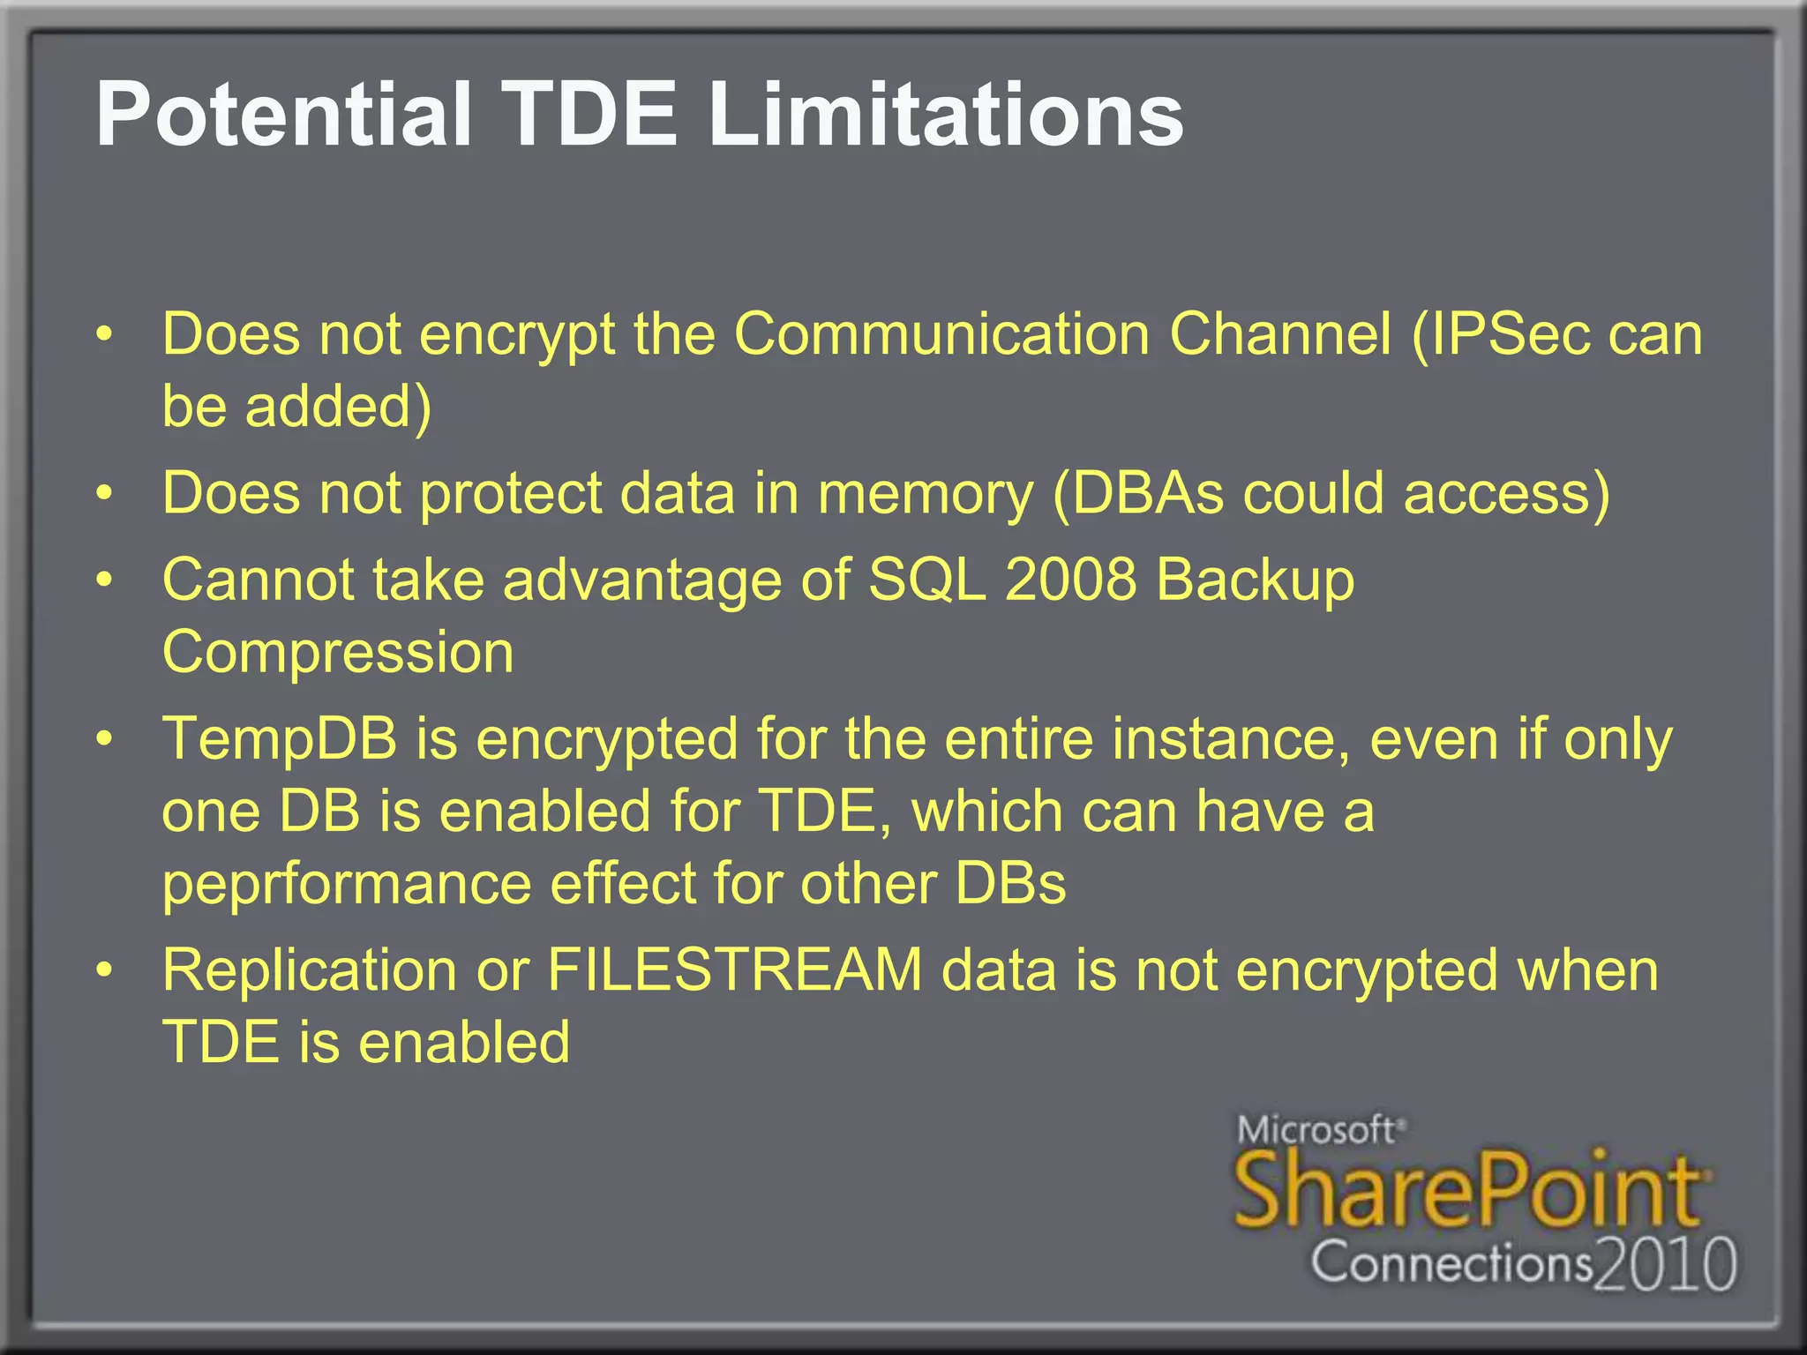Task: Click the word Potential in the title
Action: tap(282, 115)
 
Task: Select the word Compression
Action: tap(338, 654)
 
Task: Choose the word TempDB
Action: tap(280, 739)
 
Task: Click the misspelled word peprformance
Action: tap(347, 885)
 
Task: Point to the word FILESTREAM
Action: tap(734, 970)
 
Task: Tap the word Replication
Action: tap(310, 970)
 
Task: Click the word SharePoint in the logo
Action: tap(1468, 1191)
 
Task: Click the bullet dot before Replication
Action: tap(105, 969)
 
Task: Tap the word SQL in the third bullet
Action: tap(926, 580)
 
